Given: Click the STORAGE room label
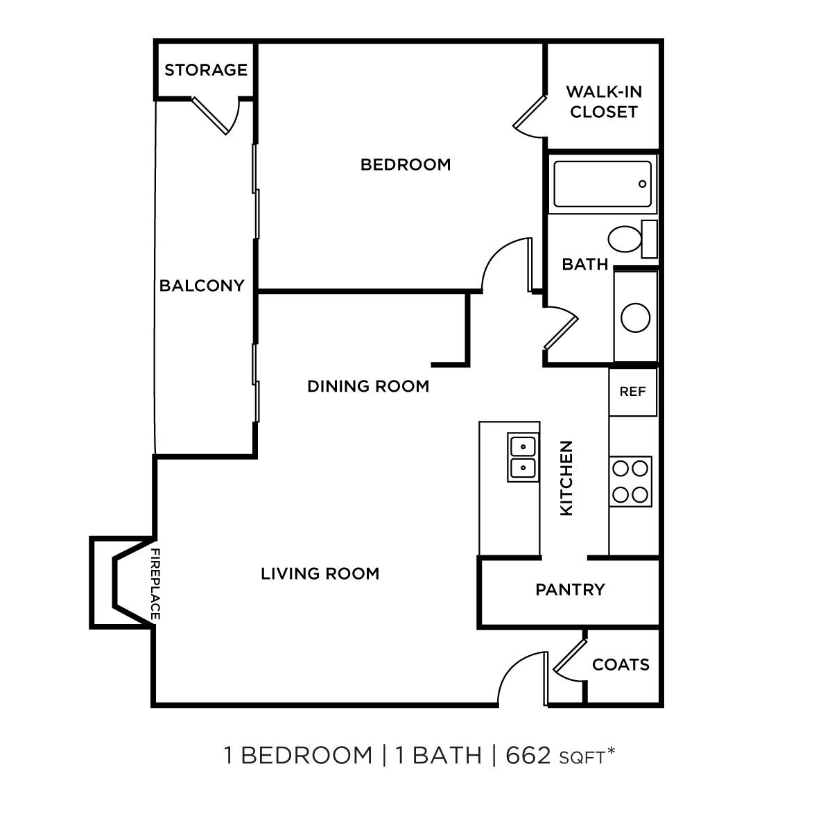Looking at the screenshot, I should pyautogui.click(x=205, y=70).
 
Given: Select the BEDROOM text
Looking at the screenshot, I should pyautogui.click(x=406, y=164).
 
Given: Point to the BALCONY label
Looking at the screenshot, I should pyautogui.click(x=202, y=286).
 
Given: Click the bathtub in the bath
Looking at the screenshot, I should pyautogui.click(x=603, y=184).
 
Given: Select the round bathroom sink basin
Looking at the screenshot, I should pyautogui.click(x=635, y=318).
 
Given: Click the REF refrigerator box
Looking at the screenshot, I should pyautogui.click(x=632, y=392).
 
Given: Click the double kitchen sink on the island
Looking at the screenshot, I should pyautogui.click(x=523, y=457).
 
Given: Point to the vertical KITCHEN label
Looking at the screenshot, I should pyautogui.click(x=566, y=478).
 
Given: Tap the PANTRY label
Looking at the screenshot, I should pyautogui.click(x=570, y=589).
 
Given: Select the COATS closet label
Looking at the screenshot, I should pyautogui.click(x=621, y=665).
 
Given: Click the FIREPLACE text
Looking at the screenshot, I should pyautogui.click(x=156, y=584).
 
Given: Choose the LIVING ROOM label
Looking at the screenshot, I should pyautogui.click(x=320, y=573).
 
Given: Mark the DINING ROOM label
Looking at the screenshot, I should pyautogui.click(x=368, y=386).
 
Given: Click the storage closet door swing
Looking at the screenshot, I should pyautogui.click(x=216, y=115).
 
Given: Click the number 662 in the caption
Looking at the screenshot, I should pyautogui.click(x=528, y=755).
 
